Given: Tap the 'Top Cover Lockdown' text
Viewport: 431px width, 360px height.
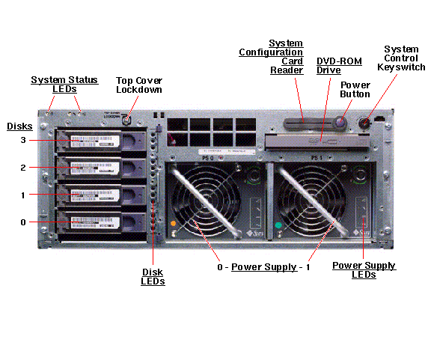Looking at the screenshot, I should (138, 85).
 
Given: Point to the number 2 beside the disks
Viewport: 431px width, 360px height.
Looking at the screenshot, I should (23, 168).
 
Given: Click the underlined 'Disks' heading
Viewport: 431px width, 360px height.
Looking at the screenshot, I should (19, 126).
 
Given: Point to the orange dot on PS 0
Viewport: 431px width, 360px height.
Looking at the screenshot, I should (174, 224).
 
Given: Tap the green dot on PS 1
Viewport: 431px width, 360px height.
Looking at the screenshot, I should (278, 225).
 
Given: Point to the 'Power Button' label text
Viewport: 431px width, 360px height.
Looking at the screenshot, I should (355, 89).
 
